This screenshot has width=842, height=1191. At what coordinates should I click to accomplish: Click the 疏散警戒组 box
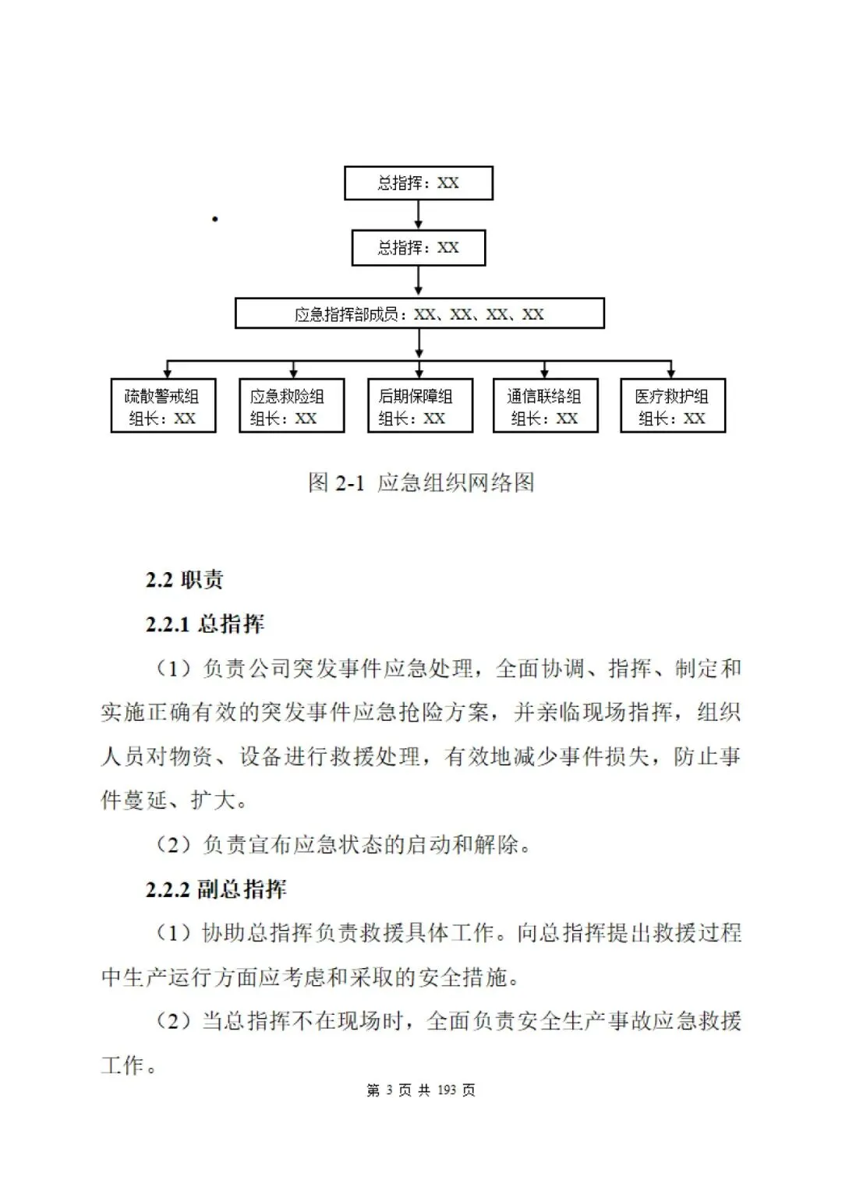[x=163, y=406]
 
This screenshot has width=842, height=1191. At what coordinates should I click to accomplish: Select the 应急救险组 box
[x=291, y=406]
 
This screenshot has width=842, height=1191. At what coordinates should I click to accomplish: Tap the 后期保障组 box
[x=419, y=406]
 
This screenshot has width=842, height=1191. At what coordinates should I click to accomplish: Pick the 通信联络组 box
[x=545, y=406]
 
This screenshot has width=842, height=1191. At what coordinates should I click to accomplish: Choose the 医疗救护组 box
[x=672, y=406]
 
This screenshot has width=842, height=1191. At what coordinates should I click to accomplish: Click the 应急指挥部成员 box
[x=419, y=313]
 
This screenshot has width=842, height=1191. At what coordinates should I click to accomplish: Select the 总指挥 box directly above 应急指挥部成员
[x=419, y=248]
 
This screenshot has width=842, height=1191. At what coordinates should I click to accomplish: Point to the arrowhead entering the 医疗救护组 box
[x=671, y=373]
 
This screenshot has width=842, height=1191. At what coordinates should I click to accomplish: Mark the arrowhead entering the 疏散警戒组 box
[x=167, y=373]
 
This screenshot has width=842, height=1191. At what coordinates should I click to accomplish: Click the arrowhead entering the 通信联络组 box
[x=544, y=373]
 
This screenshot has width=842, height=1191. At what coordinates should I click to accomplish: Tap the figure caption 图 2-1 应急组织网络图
[x=421, y=483]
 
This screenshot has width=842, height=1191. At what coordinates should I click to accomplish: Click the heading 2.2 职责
[x=184, y=580]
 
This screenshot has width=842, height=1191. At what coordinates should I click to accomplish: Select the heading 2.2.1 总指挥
[x=204, y=624]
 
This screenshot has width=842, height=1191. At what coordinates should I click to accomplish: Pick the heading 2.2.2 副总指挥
[x=215, y=889]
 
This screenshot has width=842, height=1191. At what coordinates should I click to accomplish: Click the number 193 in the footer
[x=447, y=1090]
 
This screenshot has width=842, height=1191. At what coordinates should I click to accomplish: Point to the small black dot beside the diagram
[x=214, y=219]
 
